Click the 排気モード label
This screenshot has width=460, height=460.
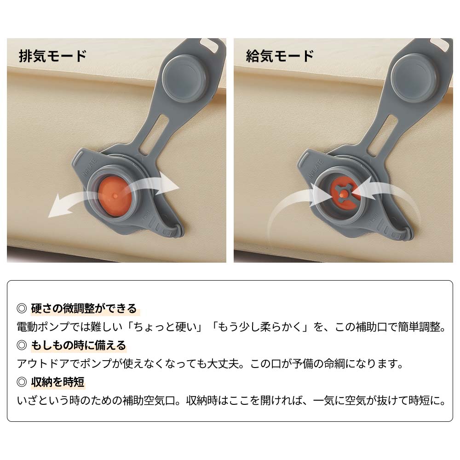coord(52,56)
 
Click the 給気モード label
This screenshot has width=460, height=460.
coord(280,56)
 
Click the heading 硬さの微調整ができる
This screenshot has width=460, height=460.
coord(84,308)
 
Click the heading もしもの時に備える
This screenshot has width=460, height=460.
coord(78,345)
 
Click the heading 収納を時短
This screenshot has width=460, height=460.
coord(57,382)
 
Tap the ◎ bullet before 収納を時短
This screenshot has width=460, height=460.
coord(22,382)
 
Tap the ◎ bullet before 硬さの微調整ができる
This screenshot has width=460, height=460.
coord(22,308)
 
